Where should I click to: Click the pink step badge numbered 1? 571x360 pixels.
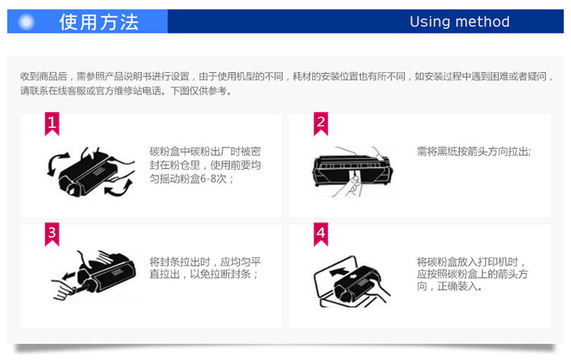coord(52,124)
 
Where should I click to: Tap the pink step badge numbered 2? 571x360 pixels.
coord(321,124)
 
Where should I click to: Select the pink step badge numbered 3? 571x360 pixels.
coord(52,234)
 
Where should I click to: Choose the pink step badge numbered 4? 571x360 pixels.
coord(321,234)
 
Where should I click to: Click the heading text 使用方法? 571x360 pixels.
coord(99,22)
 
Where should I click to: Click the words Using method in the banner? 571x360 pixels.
coord(460,22)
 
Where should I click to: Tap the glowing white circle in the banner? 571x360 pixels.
coord(26,22)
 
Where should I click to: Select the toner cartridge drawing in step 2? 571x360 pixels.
coord(352,169)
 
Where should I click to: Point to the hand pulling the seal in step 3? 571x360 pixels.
coord(64,290)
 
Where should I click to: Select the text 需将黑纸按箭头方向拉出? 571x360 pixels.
coord(472,151)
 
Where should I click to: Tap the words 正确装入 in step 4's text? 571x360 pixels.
coord(458,286)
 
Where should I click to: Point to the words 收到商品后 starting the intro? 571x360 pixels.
coord(43,76)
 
